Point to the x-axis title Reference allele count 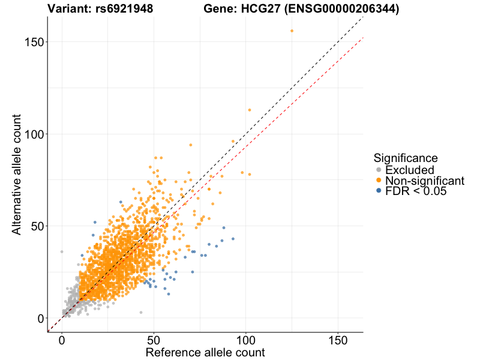[205, 352]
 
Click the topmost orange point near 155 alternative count [292, 31]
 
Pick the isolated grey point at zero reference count [61, 252]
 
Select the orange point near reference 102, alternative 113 [250, 110]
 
